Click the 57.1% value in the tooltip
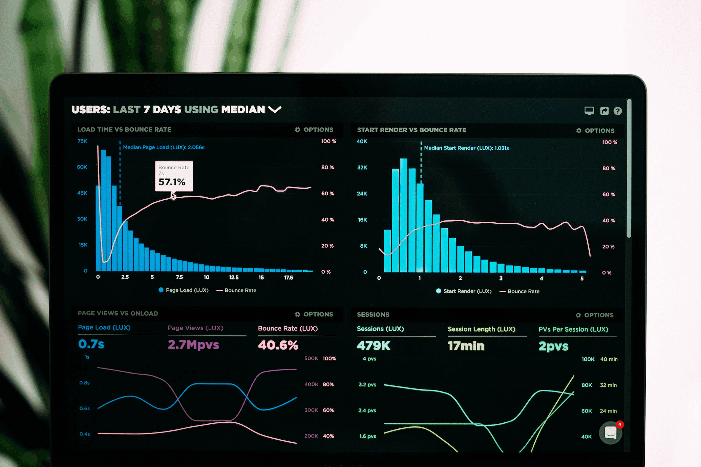[172, 182]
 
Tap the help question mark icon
[617, 111]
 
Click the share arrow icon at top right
[604, 111]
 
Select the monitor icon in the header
[589, 111]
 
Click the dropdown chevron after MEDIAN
[275, 110]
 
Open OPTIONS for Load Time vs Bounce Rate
[314, 130]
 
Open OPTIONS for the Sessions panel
[595, 315]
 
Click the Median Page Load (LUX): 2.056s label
[164, 147]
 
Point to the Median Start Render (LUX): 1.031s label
[466, 148]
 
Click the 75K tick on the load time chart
[82, 141]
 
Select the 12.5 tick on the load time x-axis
[234, 277]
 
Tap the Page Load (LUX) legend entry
[184, 290]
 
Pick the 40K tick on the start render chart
[362, 141]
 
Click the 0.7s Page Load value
[91, 344]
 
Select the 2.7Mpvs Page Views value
[193, 345]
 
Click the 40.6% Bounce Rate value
[278, 345]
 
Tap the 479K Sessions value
[374, 346]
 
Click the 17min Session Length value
[466, 346]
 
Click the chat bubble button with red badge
[610, 433]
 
